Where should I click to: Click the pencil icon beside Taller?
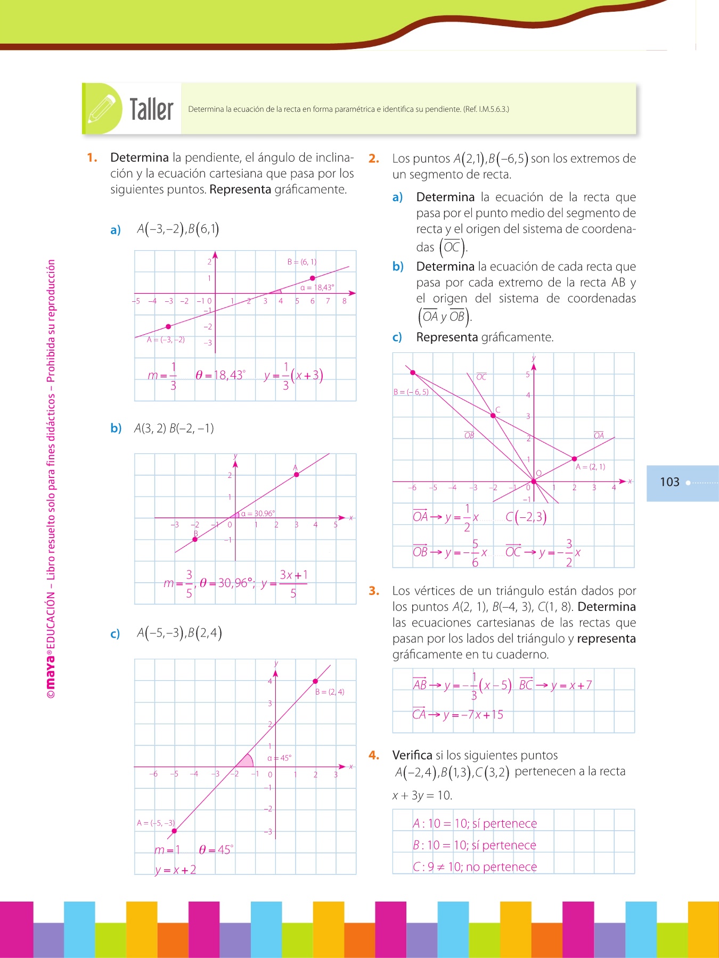[x=102, y=108]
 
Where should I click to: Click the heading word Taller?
[x=152, y=110]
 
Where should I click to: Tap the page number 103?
[x=669, y=482]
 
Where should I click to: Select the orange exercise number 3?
[x=374, y=591]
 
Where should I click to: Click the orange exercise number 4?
[x=374, y=755]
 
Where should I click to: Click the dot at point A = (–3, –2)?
[x=168, y=326]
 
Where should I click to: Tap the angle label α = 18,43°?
[x=317, y=287]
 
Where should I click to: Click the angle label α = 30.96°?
[x=258, y=514]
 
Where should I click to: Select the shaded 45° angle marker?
[x=245, y=761]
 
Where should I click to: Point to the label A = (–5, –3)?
[x=156, y=823]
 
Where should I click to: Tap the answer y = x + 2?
[x=176, y=870]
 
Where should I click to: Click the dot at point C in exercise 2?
[x=493, y=416]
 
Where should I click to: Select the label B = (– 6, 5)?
[x=411, y=392]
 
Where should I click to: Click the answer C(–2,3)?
[x=526, y=517]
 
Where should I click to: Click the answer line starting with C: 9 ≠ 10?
[x=475, y=867]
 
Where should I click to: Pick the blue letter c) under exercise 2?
[x=397, y=337]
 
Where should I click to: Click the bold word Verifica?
[x=412, y=755]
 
